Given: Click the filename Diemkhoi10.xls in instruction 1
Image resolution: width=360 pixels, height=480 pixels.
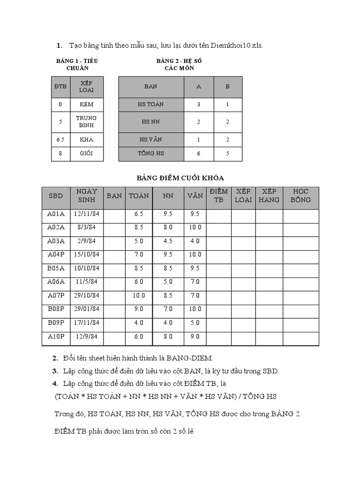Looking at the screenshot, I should [237, 45].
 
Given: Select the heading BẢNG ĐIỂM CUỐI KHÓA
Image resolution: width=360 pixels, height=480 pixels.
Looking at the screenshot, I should [180, 178].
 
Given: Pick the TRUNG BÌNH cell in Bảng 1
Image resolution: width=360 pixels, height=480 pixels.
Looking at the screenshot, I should [87, 122].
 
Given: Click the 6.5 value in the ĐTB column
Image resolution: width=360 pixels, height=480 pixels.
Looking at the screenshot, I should [60, 140].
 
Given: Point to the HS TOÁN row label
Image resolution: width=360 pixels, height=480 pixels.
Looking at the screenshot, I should [150, 104].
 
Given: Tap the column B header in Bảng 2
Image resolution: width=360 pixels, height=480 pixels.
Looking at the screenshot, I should [228, 87].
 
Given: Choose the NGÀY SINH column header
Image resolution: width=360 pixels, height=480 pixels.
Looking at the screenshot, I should [86, 195].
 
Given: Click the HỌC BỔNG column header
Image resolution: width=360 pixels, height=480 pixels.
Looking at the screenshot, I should [300, 195].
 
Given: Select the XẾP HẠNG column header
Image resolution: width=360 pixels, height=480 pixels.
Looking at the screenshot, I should [269, 195].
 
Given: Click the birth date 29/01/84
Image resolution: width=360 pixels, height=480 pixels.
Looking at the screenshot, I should [86, 309].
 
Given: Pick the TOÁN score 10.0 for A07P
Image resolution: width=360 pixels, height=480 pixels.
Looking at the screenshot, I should [139, 295].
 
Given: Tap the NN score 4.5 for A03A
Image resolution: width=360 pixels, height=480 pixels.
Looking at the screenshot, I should [168, 241].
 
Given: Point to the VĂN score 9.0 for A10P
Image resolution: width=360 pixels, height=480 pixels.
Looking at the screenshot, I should [195, 336].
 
